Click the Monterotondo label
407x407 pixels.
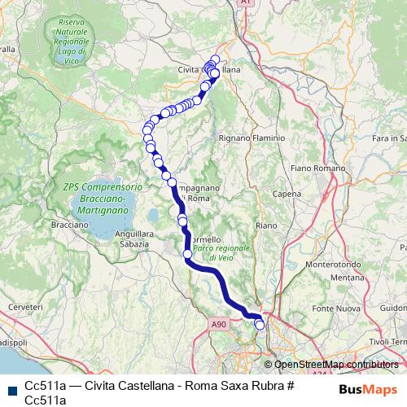click(328, 265)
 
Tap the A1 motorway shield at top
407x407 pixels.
click(245, 4)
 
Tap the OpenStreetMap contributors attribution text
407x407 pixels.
click(335, 365)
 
